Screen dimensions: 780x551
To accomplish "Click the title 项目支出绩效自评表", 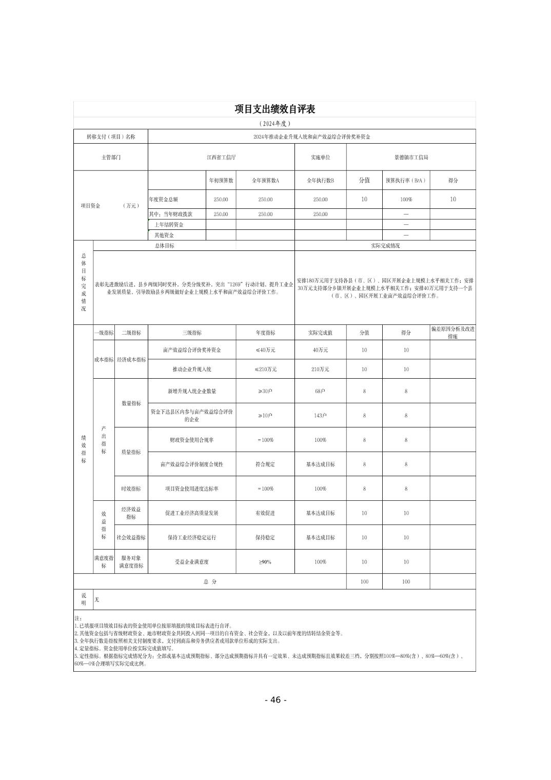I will coord(274,109).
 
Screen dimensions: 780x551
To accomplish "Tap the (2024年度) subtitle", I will coord(274,124).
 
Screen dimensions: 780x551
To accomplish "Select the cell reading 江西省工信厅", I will coord(221,158).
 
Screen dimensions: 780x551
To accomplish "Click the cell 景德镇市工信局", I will coord(410,158).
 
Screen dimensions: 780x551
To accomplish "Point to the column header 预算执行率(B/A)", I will coord(406,181).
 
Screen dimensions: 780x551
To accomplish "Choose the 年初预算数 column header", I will coord(221,181).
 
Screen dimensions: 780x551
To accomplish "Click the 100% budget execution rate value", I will coord(406,200).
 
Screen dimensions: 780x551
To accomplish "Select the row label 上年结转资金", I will coord(169,225).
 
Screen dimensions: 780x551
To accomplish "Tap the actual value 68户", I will coord(320,391).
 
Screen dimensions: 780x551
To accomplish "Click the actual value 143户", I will coord(320,416).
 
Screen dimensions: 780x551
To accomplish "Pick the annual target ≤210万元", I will coord(265,369).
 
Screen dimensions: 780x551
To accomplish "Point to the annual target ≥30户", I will coord(265,391).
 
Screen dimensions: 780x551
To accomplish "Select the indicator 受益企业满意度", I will coord(191,562).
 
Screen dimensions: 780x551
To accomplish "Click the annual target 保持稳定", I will coord(265,537).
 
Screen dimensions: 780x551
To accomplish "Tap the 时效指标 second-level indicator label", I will coord(131,489).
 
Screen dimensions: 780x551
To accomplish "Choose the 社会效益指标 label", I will coord(131,537).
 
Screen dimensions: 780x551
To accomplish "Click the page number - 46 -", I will coord(275,700).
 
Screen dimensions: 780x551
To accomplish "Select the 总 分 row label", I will coord(210,582).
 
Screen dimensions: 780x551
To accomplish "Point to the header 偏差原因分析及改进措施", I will coord(452,333).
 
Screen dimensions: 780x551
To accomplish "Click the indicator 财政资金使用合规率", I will coord(191,440).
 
